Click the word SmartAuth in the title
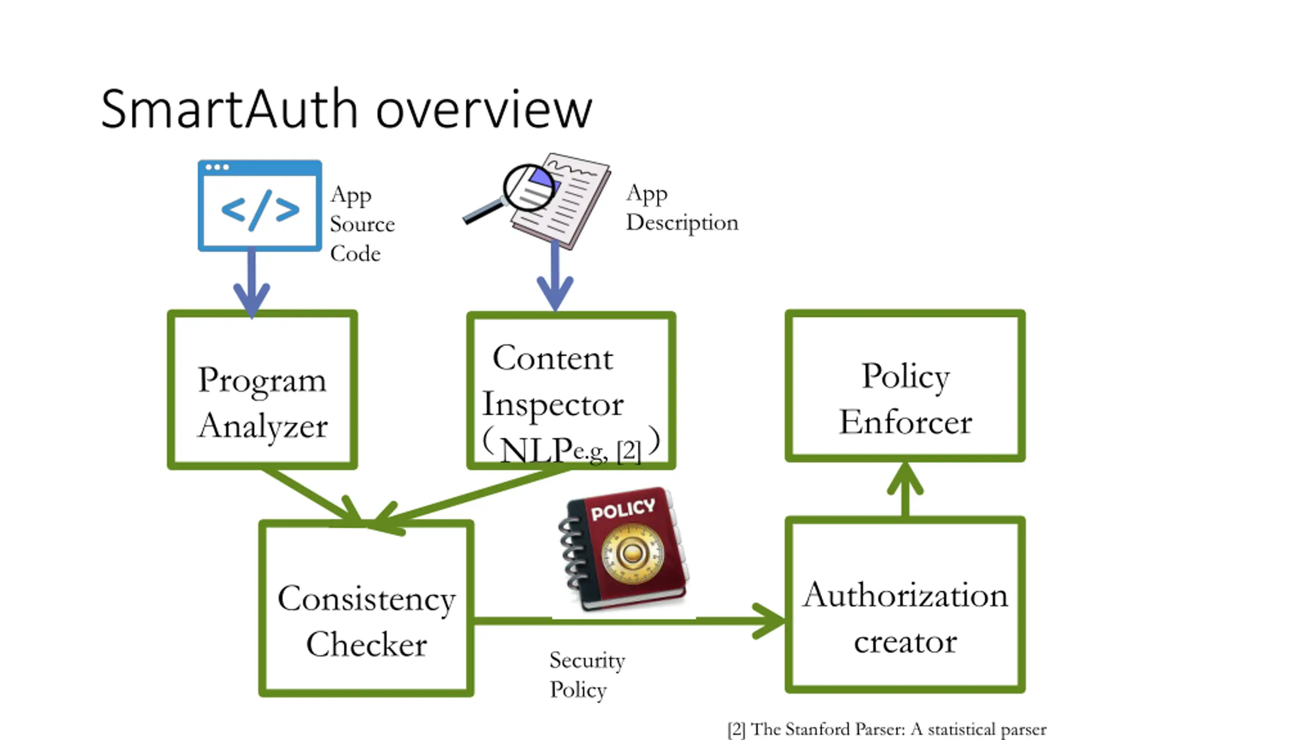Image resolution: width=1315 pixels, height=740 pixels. (229, 109)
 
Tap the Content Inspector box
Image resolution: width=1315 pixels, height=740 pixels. (571, 391)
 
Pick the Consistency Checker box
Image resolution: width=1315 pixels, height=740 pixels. (366, 609)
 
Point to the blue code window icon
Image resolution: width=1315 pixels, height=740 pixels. (260, 206)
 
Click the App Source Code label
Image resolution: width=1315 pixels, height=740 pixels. (362, 224)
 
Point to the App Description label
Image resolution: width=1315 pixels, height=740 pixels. (681, 208)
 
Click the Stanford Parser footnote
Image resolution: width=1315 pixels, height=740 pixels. (887, 729)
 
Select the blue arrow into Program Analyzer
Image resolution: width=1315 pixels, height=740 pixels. (252, 283)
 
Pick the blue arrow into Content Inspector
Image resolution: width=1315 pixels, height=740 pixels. (555, 277)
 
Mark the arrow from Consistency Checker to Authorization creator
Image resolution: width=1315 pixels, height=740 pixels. (627, 621)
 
